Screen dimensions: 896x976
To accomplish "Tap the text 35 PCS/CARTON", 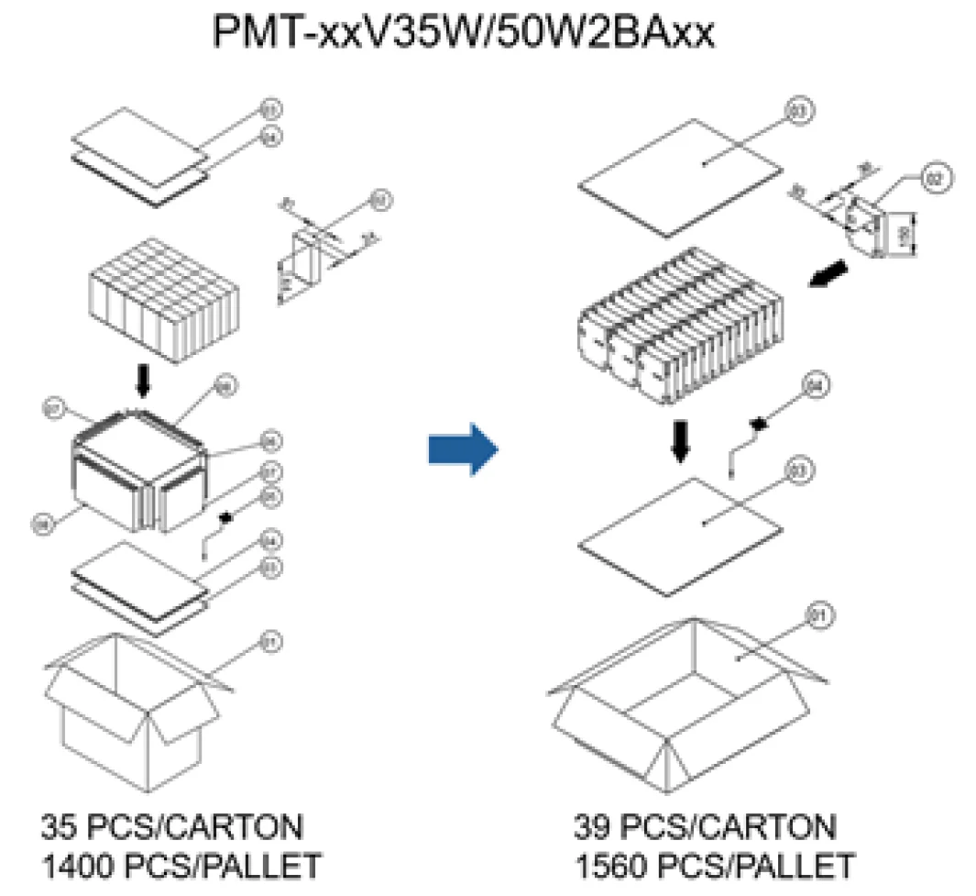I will (171, 828).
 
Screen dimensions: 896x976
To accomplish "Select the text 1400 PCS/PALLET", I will (181, 865).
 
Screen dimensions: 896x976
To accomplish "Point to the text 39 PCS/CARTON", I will (705, 828).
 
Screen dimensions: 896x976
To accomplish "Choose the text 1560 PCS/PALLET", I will (714, 865).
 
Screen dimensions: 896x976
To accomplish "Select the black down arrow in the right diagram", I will (679, 439).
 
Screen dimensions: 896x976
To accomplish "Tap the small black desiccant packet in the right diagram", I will (759, 425).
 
